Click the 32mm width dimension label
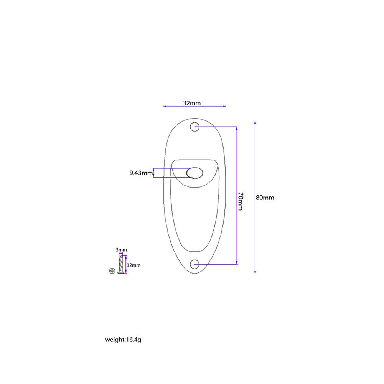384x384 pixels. click(x=192, y=103)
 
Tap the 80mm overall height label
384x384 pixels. click(x=265, y=198)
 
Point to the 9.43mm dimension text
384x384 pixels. click(x=141, y=173)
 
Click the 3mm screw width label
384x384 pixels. click(x=121, y=250)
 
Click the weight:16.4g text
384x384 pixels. click(x=124, y=340)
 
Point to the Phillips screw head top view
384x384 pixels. click(x=112, y=270)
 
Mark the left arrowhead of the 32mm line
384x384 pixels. click(x=165, y=106)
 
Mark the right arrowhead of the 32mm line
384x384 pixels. click(x=224, y=106)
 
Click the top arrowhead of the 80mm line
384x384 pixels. click(x=255, y=122)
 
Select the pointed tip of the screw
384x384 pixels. click(x=121, y=255)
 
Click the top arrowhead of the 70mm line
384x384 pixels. click(x=237, y=128)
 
